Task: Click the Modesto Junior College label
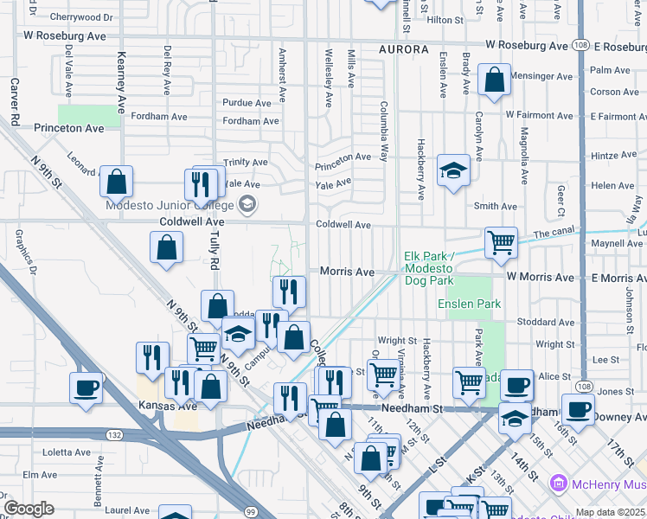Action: coord(169,205)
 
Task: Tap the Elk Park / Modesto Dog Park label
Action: coord(441,269)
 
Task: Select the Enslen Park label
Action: coord(470,304)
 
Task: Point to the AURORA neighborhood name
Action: coord(403,50)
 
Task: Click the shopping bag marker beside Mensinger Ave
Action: coord(494,81)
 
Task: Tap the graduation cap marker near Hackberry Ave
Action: coord(453,171)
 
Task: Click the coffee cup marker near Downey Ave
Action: coord(578,408)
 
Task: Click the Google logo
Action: coord(29,509)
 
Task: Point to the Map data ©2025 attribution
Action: coord(610,512)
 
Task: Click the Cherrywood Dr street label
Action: coord(81,16)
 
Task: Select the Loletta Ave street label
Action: coord(67,452)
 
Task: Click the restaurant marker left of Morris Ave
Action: coord(289,292)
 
